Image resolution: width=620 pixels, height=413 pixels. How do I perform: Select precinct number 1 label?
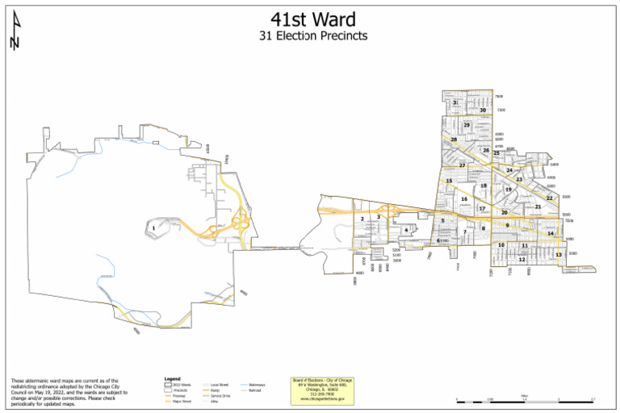pyautogui.click(x=153, y=227)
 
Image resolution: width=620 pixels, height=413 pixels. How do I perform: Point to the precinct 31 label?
pyautogui.click(x=455, y=102)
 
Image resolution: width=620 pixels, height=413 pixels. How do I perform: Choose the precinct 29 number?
pyautogui.click(x=467, y=125)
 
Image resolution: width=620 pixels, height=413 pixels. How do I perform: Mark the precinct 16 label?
pyautogui.click(x=464, y=198)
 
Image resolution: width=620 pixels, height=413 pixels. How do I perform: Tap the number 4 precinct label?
pyautogui.click(x=406, y=230)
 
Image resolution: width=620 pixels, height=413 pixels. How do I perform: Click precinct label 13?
pyautogui.click(x=558, y=254)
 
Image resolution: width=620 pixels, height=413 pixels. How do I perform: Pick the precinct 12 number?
pyautogui.click(x=522, y=260)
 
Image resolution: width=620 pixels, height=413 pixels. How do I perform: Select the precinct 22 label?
pyautogui.click(x=549, y=198)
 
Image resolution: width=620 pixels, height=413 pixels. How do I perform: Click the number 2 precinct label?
pyautogui.click(x=362, y=219)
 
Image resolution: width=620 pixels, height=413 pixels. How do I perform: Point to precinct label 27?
pyautogui.click(x=462, y=165)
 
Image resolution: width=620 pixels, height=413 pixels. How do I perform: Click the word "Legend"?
pyautogui.click(x=171, y=378)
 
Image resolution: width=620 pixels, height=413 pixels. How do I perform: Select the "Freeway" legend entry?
pyautogui.click(x=179, y=396)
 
